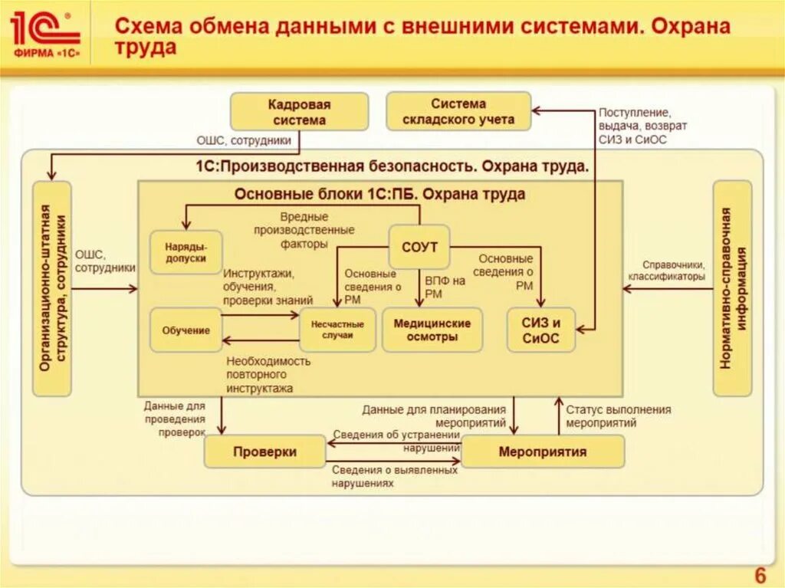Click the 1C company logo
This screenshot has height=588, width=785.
click(45, 37)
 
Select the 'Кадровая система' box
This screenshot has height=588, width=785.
click(300, 112)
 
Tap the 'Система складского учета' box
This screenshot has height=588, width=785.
click(458, 111)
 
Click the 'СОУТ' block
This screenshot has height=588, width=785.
click(419, 247)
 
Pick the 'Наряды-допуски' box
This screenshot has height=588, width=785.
click(186, 253)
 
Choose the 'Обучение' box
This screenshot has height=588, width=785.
click(186, 330)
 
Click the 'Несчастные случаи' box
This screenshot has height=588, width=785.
click(337, 330)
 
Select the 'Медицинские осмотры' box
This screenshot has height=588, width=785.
click(432, 330)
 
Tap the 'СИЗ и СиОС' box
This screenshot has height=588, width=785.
click(540, 330)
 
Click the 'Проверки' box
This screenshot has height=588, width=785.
click(264, 452)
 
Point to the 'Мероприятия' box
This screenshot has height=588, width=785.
click(542, 452)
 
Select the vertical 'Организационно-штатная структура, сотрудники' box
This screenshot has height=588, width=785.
click(52, 288)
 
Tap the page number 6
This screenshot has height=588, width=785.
click(760, 575)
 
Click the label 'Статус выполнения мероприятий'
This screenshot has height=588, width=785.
click(618, 416)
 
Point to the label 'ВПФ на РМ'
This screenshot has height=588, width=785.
click(445, 287)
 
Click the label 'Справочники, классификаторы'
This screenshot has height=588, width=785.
click(665, 270)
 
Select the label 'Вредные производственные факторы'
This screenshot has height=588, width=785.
click(304, 230)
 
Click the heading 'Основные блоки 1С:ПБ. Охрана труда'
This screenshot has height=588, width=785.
click(379, 194)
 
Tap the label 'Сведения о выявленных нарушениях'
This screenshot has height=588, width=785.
click(394, 476)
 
